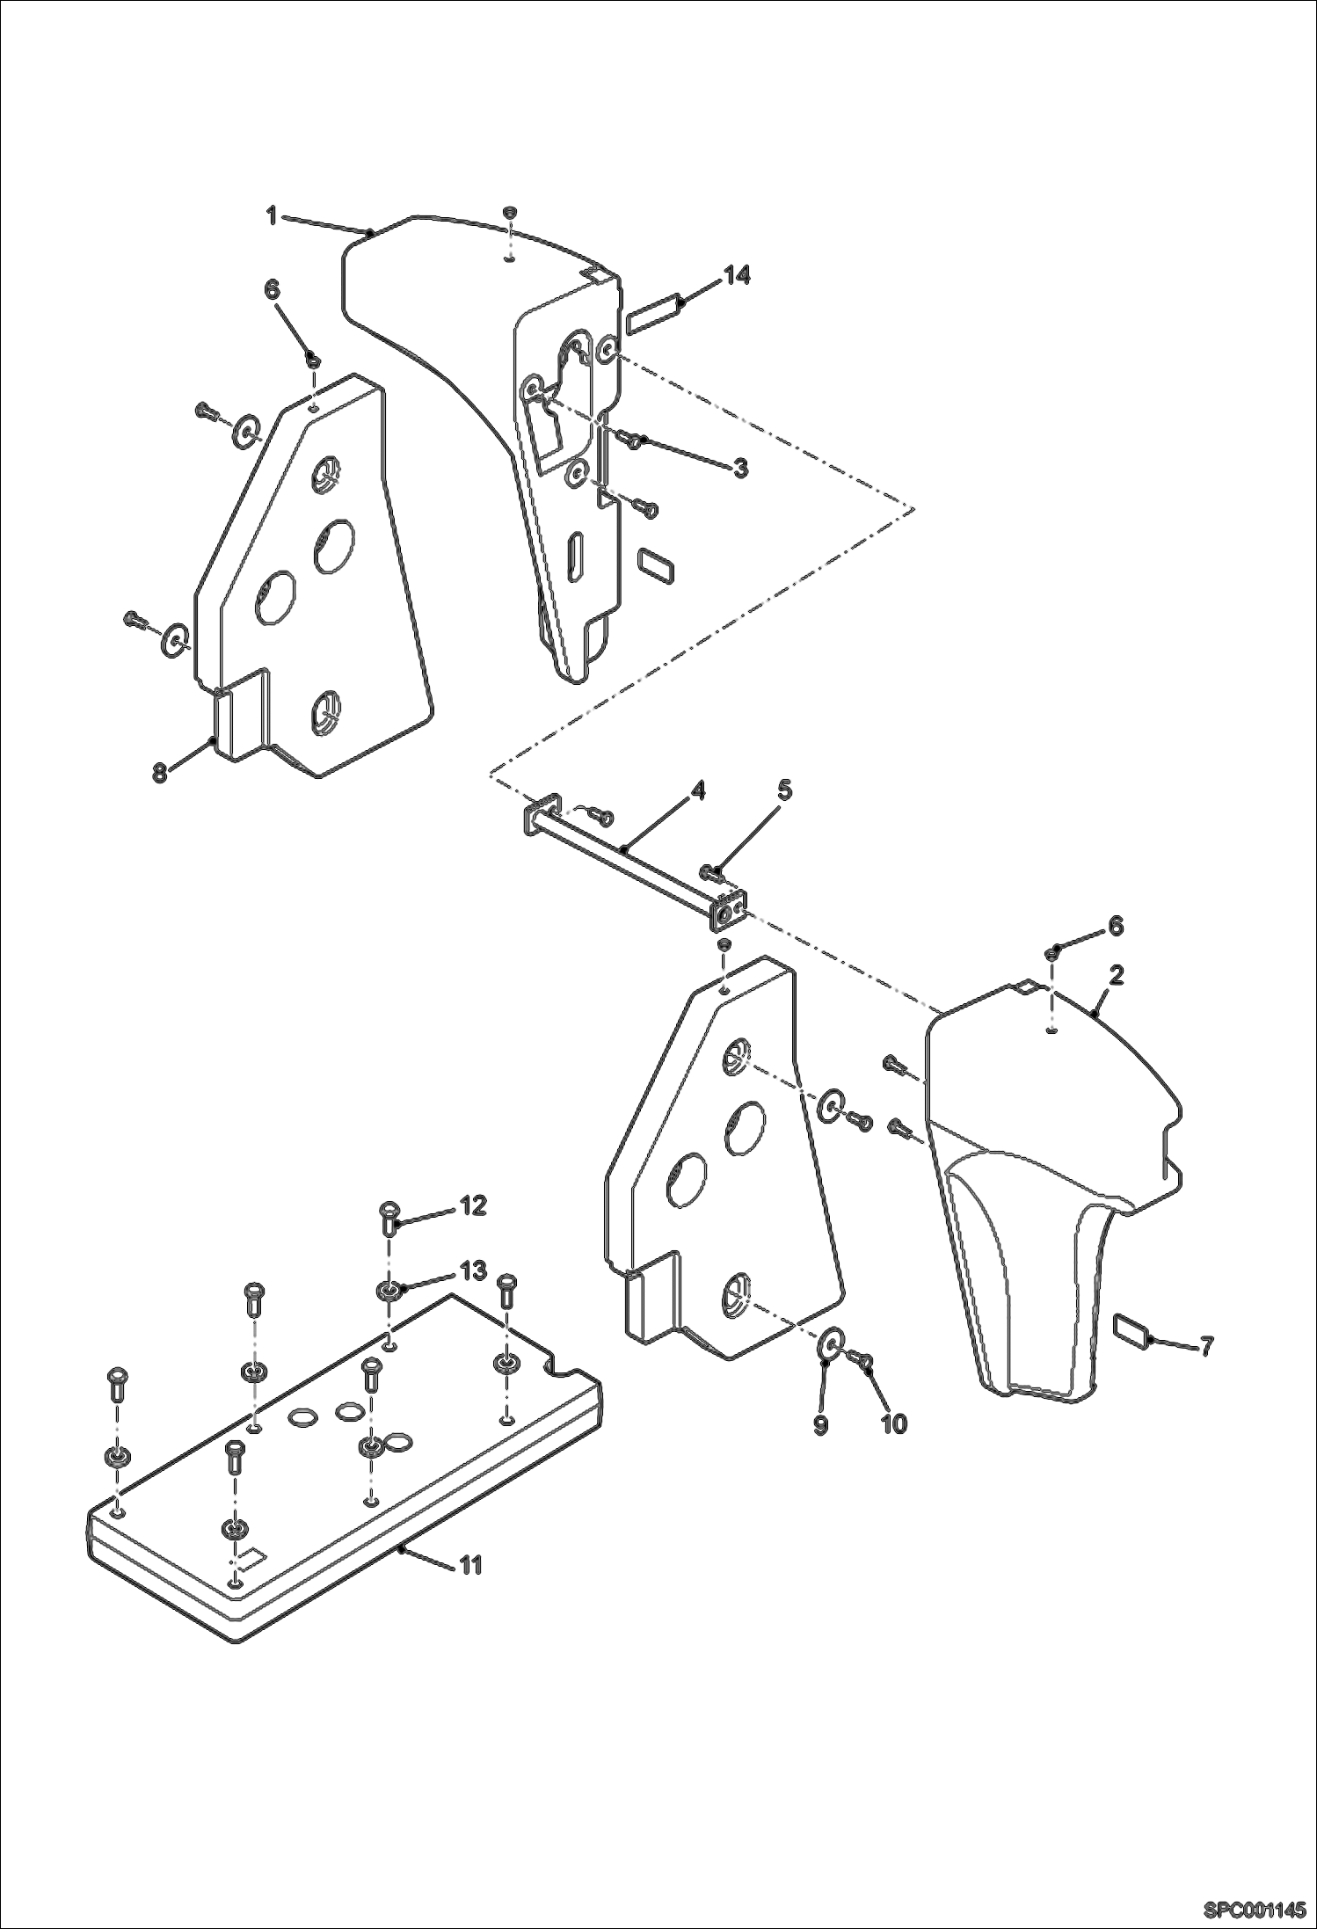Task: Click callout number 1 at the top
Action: [x=273, y=215]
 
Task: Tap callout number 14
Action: [x=737, y=276]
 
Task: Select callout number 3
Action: [x=740, y=469]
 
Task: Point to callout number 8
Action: [x=159, y=774]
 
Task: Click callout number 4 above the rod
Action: [x=697, y=790]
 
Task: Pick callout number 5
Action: [x=783, y=790]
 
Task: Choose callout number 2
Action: [x=1116, y=975]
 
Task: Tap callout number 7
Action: [x=1207, y=1346]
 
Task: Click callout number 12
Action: [x=472, y=1205]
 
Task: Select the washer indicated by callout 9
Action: [x=830, y=1343]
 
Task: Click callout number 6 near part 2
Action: [x=1114, y=925]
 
